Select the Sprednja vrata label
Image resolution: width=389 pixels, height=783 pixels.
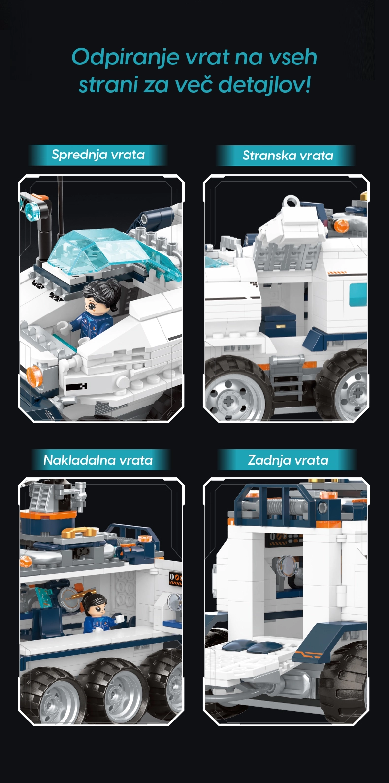tap(98, 155)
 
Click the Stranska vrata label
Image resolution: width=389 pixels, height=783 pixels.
tap(288, 155)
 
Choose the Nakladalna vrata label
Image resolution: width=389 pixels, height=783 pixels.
tap(98, 460)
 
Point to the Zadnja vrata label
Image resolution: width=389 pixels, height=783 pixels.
tap(288, 460)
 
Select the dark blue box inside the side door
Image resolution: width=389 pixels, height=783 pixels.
tap(279, 321)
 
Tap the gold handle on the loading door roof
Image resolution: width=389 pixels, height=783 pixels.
tap(79, 532)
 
